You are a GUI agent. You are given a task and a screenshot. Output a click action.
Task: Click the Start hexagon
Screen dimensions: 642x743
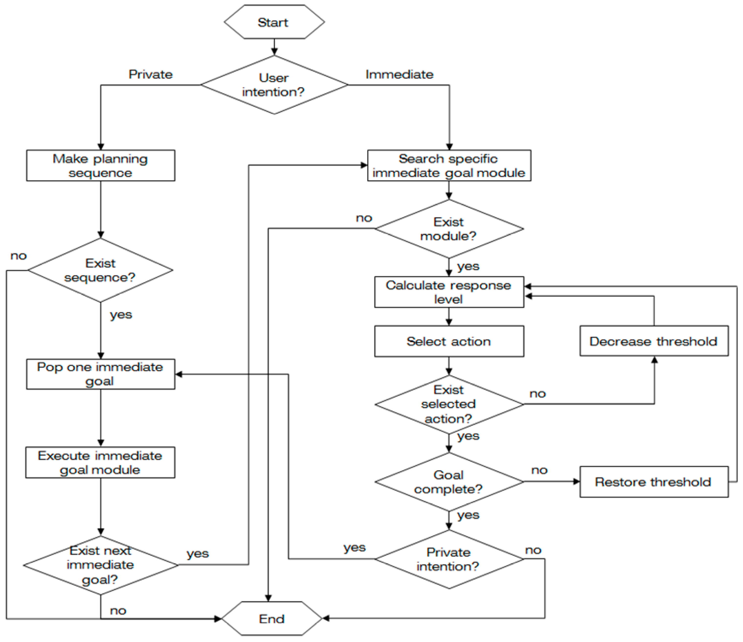[x=274, y=22]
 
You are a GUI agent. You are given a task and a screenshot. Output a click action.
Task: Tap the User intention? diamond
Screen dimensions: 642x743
[x=274, y=85]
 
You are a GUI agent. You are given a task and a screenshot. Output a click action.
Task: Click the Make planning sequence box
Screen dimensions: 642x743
[x=100, y=166]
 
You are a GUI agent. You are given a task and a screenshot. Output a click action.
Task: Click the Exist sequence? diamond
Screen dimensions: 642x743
[x=100, y=270]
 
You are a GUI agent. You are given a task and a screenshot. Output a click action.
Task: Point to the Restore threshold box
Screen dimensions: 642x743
[x=654, y=481]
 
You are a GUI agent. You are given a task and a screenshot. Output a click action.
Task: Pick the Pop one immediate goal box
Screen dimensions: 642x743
[x=100, y=374]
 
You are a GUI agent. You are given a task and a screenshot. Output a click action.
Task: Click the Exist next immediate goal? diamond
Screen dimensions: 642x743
[x=100, y=565]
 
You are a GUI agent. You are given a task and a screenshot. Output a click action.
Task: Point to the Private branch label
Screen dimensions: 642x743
[x=151, y=74]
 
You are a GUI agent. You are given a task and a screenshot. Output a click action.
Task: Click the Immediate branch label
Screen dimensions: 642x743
[x=399, y=74]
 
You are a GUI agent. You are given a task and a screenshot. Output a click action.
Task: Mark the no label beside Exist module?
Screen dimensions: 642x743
[x=364, y=218]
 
